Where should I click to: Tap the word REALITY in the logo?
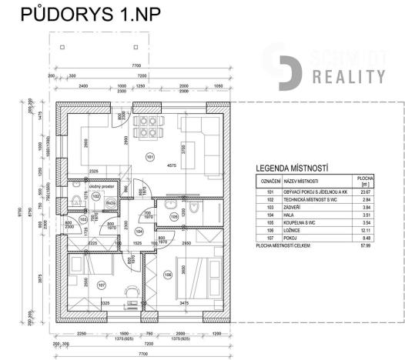point(348,76)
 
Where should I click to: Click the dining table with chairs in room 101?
point(144,127)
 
